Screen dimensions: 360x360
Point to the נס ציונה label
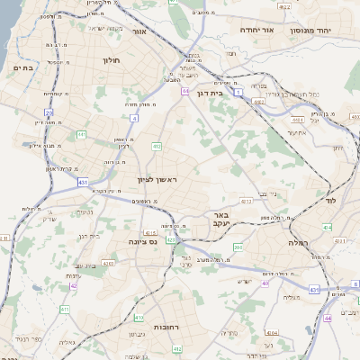click(143, 240)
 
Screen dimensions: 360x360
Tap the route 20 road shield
click(49, 112)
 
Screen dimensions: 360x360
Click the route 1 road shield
click(238, 91)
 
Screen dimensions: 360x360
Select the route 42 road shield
click(73, 286)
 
